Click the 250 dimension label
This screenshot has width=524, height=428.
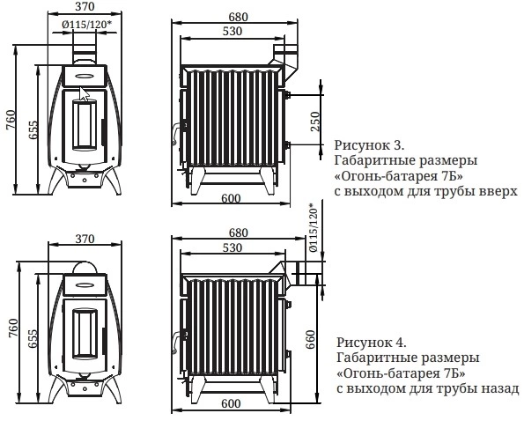315,122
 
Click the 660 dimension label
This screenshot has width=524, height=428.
311,339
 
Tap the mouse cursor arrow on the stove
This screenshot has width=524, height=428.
85,94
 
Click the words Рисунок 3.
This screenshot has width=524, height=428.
369,145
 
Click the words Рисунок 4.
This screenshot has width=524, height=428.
372,343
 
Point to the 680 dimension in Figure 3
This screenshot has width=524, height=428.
239,17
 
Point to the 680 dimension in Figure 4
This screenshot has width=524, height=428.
239,232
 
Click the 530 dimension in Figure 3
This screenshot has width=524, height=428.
232,31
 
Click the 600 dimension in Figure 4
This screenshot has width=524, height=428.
231,403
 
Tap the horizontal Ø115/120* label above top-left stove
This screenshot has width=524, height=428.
86,25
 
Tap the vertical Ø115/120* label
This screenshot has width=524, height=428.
314,227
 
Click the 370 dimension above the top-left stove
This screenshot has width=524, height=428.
85,6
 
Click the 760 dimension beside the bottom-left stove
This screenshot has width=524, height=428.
13,328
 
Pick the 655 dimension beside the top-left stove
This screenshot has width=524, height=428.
33,129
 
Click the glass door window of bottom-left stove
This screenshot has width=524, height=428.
85,332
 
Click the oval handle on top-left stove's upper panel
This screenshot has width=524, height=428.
85,76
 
